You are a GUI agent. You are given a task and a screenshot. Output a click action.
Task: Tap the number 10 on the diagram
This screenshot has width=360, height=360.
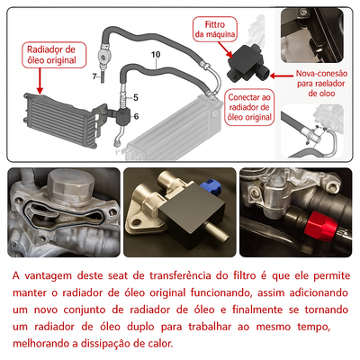[x=155, y=56]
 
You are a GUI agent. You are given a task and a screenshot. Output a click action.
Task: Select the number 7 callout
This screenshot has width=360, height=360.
[x=94, y=77]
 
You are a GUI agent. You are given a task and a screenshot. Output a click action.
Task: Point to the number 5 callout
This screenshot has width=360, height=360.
[x=135, y=96]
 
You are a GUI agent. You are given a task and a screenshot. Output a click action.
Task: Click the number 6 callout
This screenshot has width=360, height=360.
[x=135, y=114]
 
